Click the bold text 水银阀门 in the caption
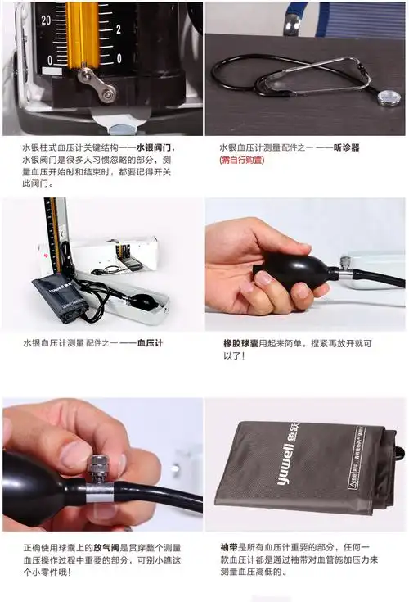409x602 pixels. pos(155,148)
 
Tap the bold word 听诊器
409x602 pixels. pos(348,148)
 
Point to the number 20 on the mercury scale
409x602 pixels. pos(46,19)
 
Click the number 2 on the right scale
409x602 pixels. pos(119,29)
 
